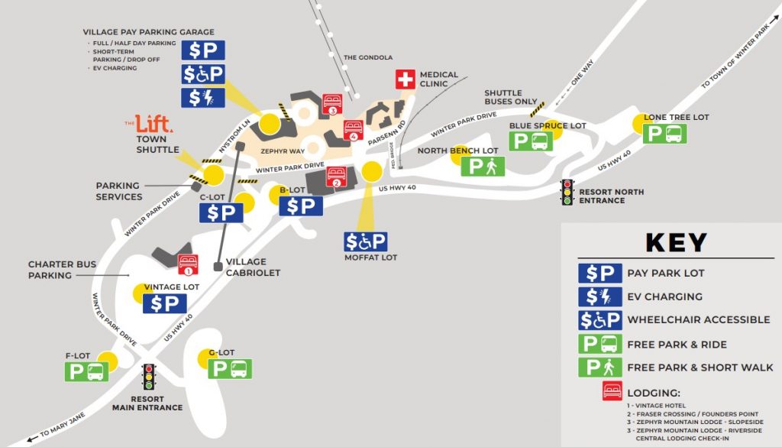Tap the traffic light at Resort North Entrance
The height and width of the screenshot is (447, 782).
[x=567, y=192]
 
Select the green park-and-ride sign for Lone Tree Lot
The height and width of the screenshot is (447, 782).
[x=665, y=134]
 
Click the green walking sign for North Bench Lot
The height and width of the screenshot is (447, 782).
[x=483, y=167]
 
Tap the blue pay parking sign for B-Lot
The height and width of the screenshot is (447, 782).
[x=301, y=206]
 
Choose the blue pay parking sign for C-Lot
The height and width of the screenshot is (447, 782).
[x=221, y=212]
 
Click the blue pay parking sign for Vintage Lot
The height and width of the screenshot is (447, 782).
[x=164, y=304]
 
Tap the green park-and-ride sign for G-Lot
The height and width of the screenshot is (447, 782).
[x=230, y=369]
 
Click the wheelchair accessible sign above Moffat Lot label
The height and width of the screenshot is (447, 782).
[x=366, y=242]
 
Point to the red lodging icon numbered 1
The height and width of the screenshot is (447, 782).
[x=188, y=265]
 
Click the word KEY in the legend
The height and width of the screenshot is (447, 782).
[x=676, y=242]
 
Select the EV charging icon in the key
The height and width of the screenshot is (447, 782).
[x=599, y=296]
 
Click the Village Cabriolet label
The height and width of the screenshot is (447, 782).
[x=254, y=267]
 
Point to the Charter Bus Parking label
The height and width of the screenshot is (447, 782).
[x=63, y=269]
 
